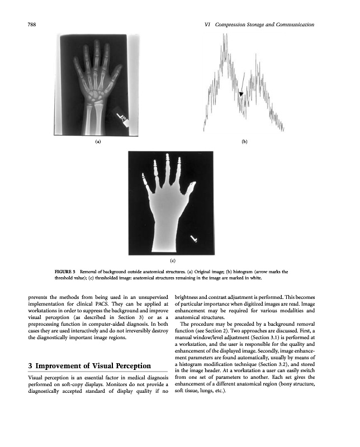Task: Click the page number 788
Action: (x=33, y=25)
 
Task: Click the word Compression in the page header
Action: (x=234, y=25)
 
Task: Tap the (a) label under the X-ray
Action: (x=98, y=142)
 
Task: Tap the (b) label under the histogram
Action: (x=245, y=142)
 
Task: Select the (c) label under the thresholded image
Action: (x=173, y=260)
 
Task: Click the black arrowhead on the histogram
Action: (x=240, y=95)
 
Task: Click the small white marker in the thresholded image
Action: (x=194, y=239)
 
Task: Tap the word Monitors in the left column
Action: (x=117, y=383)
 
